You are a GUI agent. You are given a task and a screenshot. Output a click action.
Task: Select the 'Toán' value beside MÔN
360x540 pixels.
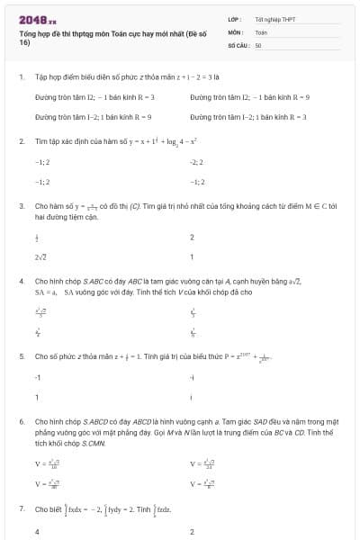261,31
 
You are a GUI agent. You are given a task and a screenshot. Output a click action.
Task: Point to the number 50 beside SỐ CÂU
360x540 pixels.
258,44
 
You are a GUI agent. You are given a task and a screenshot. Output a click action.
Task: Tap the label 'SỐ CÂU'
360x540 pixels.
238,44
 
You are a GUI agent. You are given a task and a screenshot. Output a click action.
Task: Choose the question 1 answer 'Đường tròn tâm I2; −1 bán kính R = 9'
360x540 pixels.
249,96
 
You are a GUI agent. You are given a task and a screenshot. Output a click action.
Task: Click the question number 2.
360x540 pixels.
21,142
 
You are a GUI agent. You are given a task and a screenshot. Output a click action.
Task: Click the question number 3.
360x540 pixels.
21,206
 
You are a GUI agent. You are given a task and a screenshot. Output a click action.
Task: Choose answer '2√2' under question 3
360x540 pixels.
40,257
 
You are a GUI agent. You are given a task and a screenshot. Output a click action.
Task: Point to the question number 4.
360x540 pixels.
21,282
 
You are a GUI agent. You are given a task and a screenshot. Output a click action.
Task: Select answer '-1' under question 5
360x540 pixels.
38,377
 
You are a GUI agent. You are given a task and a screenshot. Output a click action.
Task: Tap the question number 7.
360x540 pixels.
21,509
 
